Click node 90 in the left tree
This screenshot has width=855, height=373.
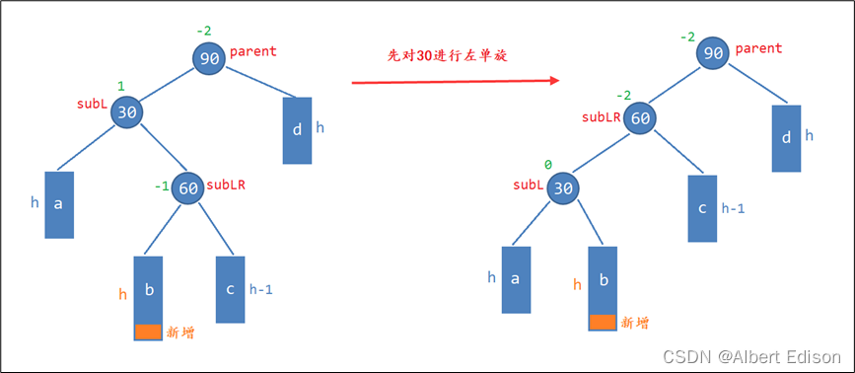tap(209, 58)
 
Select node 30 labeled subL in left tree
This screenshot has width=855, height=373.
tap(127, 112)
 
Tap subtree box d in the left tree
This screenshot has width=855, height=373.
tap(297, 129)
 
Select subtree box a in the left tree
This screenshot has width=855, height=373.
tap(59, 204)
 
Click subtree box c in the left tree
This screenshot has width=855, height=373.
tap(230, 289)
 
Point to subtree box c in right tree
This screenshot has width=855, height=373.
tap(702, 208)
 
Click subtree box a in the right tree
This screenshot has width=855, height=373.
tap(516, 279)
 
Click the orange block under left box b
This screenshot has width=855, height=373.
tap(148, 333)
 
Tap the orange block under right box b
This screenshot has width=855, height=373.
tap(603, 322)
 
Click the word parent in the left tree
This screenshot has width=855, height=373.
tap(253, 50)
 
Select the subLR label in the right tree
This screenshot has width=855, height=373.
tap(601, 116)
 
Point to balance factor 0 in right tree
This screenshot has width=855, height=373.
tap(548, 165)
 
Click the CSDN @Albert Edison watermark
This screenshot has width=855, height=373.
tap(751, 355)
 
